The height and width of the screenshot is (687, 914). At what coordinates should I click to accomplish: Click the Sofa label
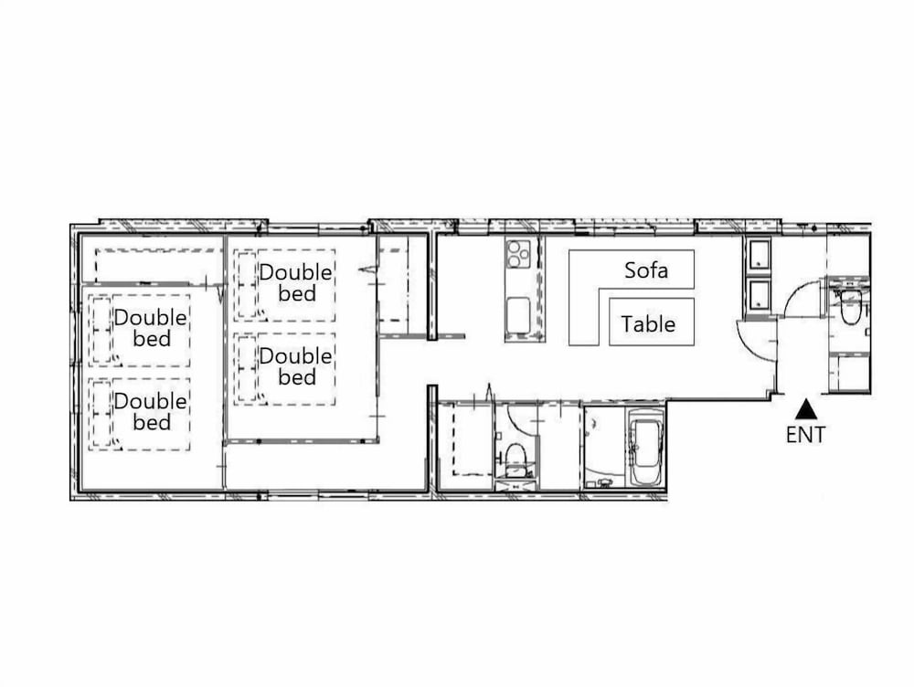[646, 270]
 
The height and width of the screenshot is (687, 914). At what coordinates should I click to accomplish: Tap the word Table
[648, 324]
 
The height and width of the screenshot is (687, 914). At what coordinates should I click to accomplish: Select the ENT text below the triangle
[805, 435]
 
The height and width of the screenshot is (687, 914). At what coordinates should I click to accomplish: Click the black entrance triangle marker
[806, 409]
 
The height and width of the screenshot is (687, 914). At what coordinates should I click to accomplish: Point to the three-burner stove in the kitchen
[518, 253]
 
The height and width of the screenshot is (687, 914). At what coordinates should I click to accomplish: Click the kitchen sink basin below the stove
[517, 315]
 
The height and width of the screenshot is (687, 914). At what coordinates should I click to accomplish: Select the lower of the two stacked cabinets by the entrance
[757, 296]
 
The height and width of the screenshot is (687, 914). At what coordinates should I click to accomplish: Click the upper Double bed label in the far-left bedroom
[151, 327]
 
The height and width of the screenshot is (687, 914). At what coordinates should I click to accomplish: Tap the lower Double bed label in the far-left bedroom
[151, 411]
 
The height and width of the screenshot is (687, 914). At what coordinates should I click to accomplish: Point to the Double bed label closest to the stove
[295, 282]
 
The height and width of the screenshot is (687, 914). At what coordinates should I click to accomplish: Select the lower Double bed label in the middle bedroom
[295, 366]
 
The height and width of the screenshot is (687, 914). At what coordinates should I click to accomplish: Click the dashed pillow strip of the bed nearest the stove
[247, 285]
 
